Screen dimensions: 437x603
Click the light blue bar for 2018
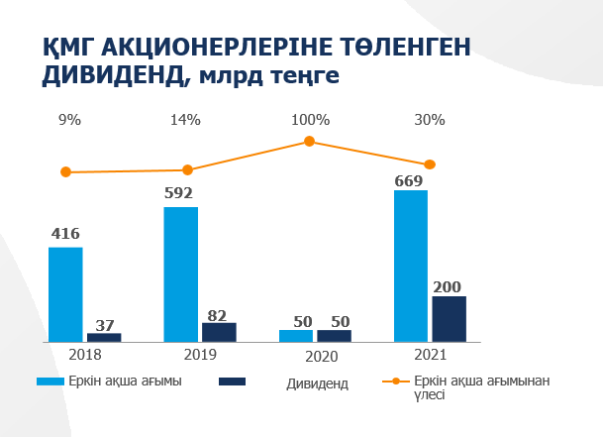(x=65, y=294)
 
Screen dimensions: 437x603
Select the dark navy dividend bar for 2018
(x=104, y=337)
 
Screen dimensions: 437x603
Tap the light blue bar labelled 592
(x=180, y=273)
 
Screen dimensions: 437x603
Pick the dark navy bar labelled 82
(x=219, y=332)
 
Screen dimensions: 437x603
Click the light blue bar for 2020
(x=295, y=336)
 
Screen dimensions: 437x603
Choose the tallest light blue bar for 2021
(x=410, y=266)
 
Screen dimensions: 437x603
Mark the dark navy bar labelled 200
(x=449, y=318)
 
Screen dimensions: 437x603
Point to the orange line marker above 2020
(x=309, y=142)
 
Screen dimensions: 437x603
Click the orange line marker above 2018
(x=66, y=171)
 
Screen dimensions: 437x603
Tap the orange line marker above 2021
(x=430, y=164)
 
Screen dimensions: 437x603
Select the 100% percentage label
(x=310, y=120)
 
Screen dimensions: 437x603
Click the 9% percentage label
(x=69, y=120)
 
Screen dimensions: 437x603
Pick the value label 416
(x=65, y=235)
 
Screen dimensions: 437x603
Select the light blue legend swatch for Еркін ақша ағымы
(x=50, y=382)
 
